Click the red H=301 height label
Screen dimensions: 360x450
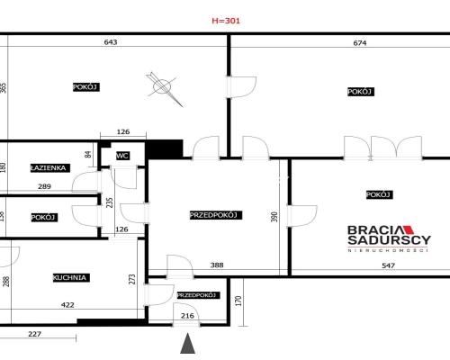(227, 19)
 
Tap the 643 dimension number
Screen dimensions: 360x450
(111, 42)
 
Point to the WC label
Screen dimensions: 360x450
(122, 156)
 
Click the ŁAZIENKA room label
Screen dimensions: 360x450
(48, 167)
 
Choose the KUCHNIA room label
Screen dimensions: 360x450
(69, 277)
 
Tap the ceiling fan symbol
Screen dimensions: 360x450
(162, 87)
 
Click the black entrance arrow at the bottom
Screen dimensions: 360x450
(187, 344)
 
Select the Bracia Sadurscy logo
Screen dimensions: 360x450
(390, 237)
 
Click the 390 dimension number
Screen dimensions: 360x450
(274, 218)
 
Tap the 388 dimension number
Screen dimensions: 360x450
(216, 265)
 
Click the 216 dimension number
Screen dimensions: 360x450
(188, 316)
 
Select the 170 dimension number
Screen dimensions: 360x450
(239, 301)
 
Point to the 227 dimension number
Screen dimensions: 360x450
(34, 336)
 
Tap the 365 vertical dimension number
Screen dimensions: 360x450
(4, 87)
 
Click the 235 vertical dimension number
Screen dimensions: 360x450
(110, 202)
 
